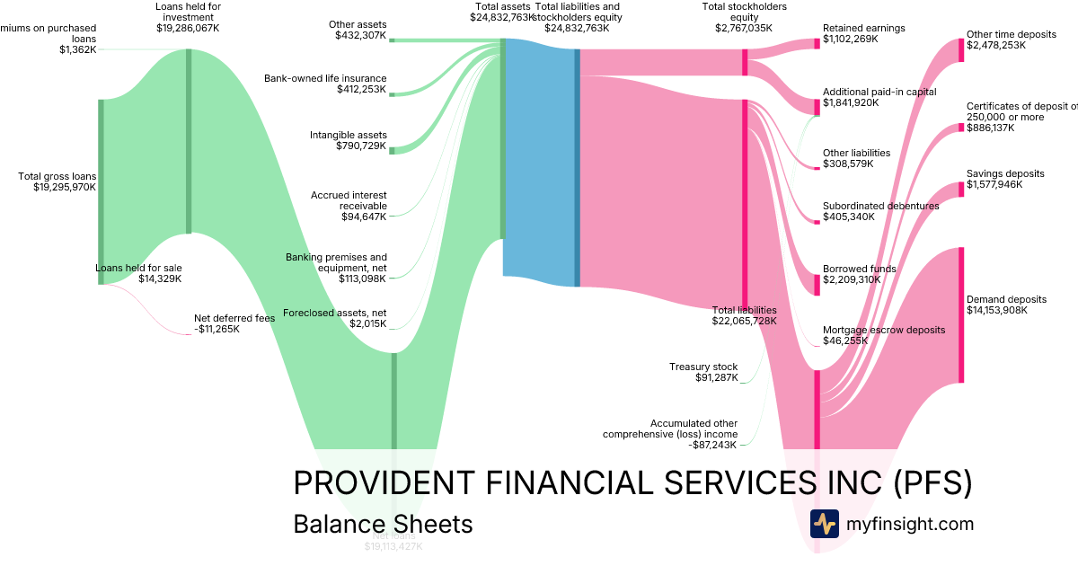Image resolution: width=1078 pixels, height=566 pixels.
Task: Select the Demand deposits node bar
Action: point(960,314)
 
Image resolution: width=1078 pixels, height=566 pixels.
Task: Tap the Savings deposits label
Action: point(1005,173)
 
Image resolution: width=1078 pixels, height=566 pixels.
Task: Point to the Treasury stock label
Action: point(703,367)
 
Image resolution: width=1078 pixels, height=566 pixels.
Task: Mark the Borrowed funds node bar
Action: point(817,284)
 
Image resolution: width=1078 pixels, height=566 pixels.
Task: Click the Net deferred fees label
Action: point(234,318)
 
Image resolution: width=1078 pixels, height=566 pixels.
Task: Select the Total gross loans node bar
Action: point(101,191)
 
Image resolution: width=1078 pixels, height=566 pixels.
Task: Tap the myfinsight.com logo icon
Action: point(824,524)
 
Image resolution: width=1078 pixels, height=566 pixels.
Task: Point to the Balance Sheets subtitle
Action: point(383,524)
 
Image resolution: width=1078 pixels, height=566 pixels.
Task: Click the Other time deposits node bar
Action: point(960,50)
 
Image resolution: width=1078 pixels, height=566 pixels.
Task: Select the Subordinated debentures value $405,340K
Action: point(849,217)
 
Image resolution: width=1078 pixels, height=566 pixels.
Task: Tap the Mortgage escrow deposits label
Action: point(884,330)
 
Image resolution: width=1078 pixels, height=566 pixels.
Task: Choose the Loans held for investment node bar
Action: point(189,141)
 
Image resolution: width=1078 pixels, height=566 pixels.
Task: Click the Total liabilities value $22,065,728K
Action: point(745,321)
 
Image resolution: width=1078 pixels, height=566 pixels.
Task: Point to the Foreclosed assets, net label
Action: point(334,313)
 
